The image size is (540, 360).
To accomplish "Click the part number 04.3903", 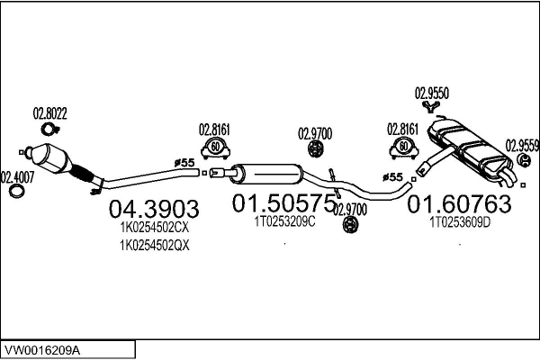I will (x=153, y=210).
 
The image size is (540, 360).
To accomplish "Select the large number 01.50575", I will (x=283, y=204).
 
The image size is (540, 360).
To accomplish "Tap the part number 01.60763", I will (x=459, y=204).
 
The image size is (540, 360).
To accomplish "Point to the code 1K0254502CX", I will (x=154, y=229).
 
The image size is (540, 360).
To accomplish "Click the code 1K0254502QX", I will (x=154, y=245).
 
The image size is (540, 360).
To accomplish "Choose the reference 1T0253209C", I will (x=284, y=221).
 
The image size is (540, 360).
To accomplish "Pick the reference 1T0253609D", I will (x=460, y=221).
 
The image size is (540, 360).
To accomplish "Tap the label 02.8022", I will (x=50, y=113).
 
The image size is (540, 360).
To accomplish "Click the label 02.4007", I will (x=16, y=176).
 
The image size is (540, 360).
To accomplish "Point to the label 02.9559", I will (x=522, y=144).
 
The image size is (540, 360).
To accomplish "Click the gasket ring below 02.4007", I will (x=15, y=192).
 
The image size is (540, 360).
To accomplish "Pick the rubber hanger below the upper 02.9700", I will (x=315, y=149).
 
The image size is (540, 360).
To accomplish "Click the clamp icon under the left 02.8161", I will (x=214, y=147).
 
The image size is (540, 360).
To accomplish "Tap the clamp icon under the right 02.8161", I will (x=404, y=147).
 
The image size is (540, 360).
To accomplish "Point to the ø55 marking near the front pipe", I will (x=184, y=162).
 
